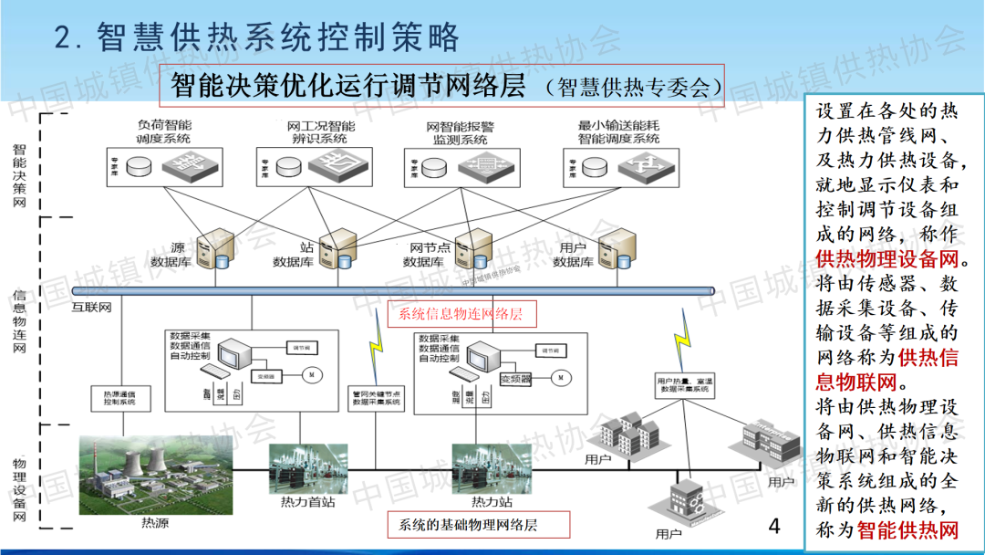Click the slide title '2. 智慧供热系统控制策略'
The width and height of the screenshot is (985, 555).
[256, 37]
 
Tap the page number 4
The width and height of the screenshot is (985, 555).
[774, 526]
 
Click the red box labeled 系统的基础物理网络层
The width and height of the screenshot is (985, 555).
[468, 525]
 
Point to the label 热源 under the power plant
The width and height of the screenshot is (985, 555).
[155, 523]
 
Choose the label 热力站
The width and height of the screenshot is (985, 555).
[492, 501]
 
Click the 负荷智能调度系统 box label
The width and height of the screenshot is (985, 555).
[164, 132]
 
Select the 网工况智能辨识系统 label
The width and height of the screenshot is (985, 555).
[320, 132]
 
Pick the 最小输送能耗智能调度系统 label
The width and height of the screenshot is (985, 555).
[618, 132]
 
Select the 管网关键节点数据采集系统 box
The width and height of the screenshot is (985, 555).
[375, 397]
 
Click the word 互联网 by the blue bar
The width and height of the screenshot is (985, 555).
[91, 308]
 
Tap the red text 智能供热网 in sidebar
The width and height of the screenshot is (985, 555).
[909, 530]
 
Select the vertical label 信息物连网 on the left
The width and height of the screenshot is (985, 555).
[19, 321]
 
